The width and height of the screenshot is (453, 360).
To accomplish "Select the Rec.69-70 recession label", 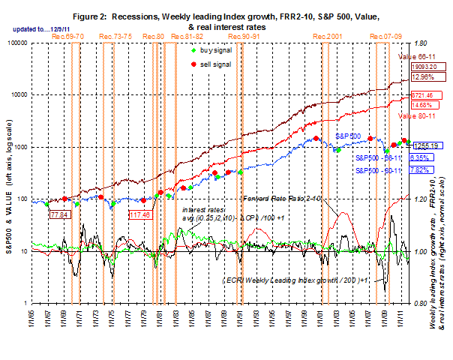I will [68, 36].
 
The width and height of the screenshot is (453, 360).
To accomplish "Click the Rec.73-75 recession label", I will [112, 36].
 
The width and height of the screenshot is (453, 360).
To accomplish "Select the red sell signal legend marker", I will [194, 65].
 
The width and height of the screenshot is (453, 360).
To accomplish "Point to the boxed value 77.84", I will [60, 214].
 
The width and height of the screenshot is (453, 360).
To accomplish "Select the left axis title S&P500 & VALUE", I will [10, 177].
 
